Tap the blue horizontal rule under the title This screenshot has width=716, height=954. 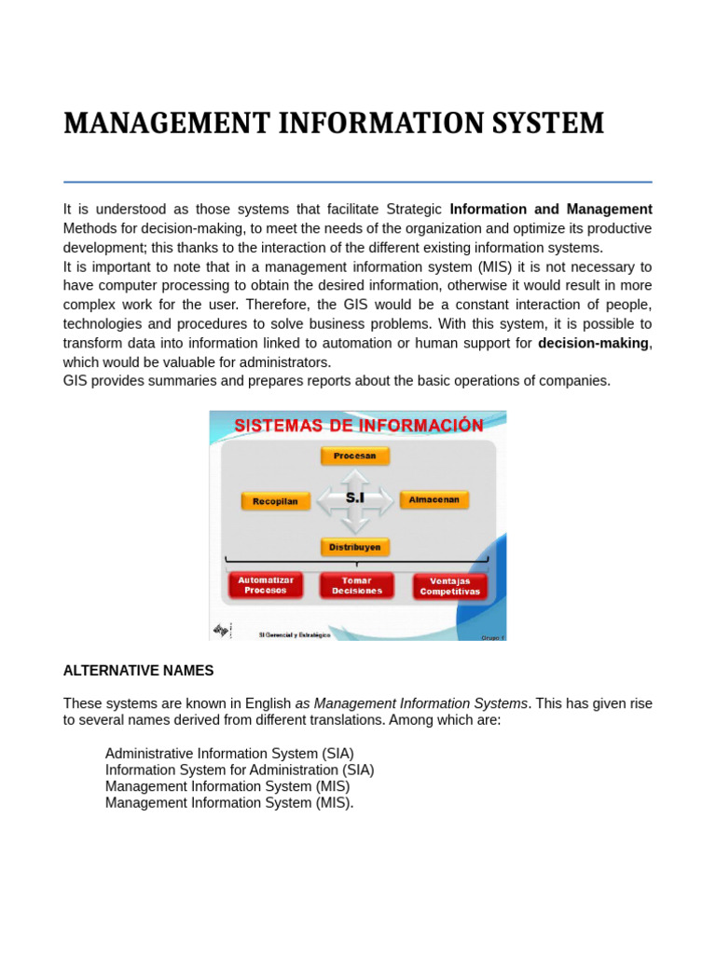(357, 182)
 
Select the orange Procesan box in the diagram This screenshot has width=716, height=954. (355, 456)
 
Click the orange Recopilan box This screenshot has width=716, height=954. (274, 501)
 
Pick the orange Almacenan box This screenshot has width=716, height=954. (434, 500)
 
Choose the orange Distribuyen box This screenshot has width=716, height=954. (355, 547)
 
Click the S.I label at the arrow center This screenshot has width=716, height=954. (355, 498)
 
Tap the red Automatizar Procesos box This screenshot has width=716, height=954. (266, 585)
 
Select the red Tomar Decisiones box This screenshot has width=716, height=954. (356, 585)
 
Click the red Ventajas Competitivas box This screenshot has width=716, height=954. (450, 586)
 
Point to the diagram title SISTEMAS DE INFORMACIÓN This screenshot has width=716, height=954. (358, 426)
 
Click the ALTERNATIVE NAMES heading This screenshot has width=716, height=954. (138, 671)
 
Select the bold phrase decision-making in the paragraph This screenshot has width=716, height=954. (593, 343)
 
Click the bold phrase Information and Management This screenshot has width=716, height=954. (551, 209)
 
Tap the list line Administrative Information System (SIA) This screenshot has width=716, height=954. (229, 753)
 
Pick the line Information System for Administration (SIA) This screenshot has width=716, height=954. (240, 770)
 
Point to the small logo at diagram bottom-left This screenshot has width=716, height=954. (221, 631)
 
